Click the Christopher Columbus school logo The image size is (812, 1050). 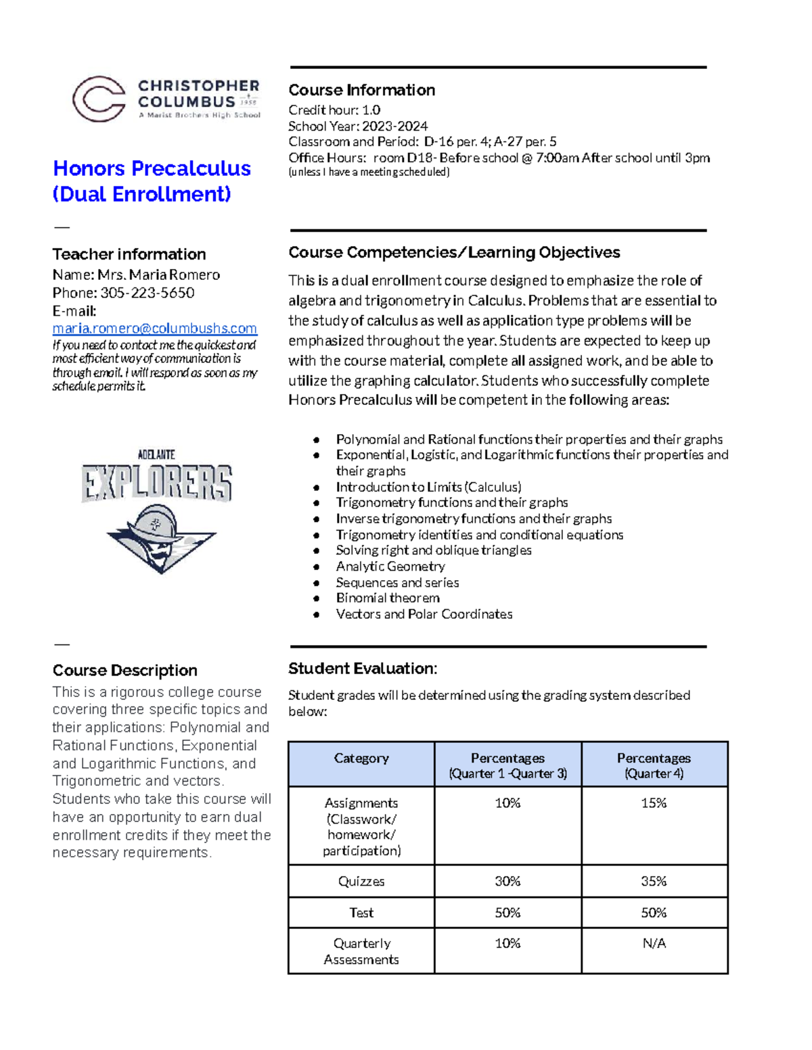pyautogui.click(x=166, y=99)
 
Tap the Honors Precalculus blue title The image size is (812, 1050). pyautogui.click(x=152, y=168)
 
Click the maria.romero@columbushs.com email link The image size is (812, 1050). pyautogui.click(x=154, y=328)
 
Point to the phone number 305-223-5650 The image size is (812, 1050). pyautogui.click(x=147, y=293)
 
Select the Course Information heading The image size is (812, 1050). pyautogui.click(x=361, y=90)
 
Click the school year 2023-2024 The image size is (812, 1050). pyautogui.click(x=394, y=126)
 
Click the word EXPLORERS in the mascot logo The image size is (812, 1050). pyautogui.click(x=157, y=482)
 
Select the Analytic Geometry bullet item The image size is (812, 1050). pyautogui.click(x=390, y=567)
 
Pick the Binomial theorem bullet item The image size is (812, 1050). pyautogui.click(x=387, y=598)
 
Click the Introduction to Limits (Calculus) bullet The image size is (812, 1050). pyautogui.click(x=428, y=487)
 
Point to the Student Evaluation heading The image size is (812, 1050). pyautogui.click(x=363, y=669)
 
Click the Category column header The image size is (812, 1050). pyautogui.click(x=361, y=759)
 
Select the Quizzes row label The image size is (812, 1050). pyautogui.click(x=361, y=882)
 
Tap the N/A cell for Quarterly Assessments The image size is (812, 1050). pyautogui.click(x=654, y=943)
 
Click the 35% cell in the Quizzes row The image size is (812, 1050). pyautogui.click(x=654, y=882)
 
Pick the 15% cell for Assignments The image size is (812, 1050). pyautogui.click(x=654, y=803)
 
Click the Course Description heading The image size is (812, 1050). pyautogui.click(x=125, y=670)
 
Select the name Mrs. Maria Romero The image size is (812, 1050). pyautogui.click(x=158, y=275)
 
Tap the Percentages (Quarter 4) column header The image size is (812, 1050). pyautogui.click(x=654, y=765)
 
